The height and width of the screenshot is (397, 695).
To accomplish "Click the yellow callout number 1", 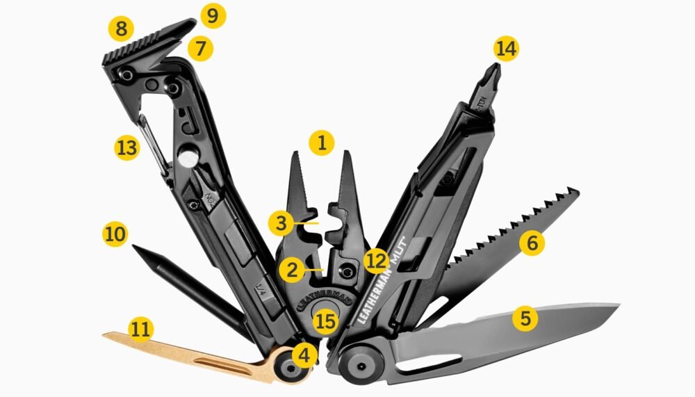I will point(321,143).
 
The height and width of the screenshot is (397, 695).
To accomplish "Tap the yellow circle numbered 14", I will point(506,49).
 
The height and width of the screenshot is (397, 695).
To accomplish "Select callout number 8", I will point(122,29).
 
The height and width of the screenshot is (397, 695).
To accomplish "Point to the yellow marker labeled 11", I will point(141,329).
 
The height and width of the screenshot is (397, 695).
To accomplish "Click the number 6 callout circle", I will point(532,243).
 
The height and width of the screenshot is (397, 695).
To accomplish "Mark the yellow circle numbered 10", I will point(115,234).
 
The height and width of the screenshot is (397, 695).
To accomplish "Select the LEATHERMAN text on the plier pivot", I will point(323,295).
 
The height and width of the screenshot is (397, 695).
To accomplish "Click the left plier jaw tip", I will point(296,156).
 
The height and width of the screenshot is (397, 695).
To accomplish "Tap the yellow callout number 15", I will point(325,321).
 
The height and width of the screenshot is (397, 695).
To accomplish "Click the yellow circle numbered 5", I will point(525,318).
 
